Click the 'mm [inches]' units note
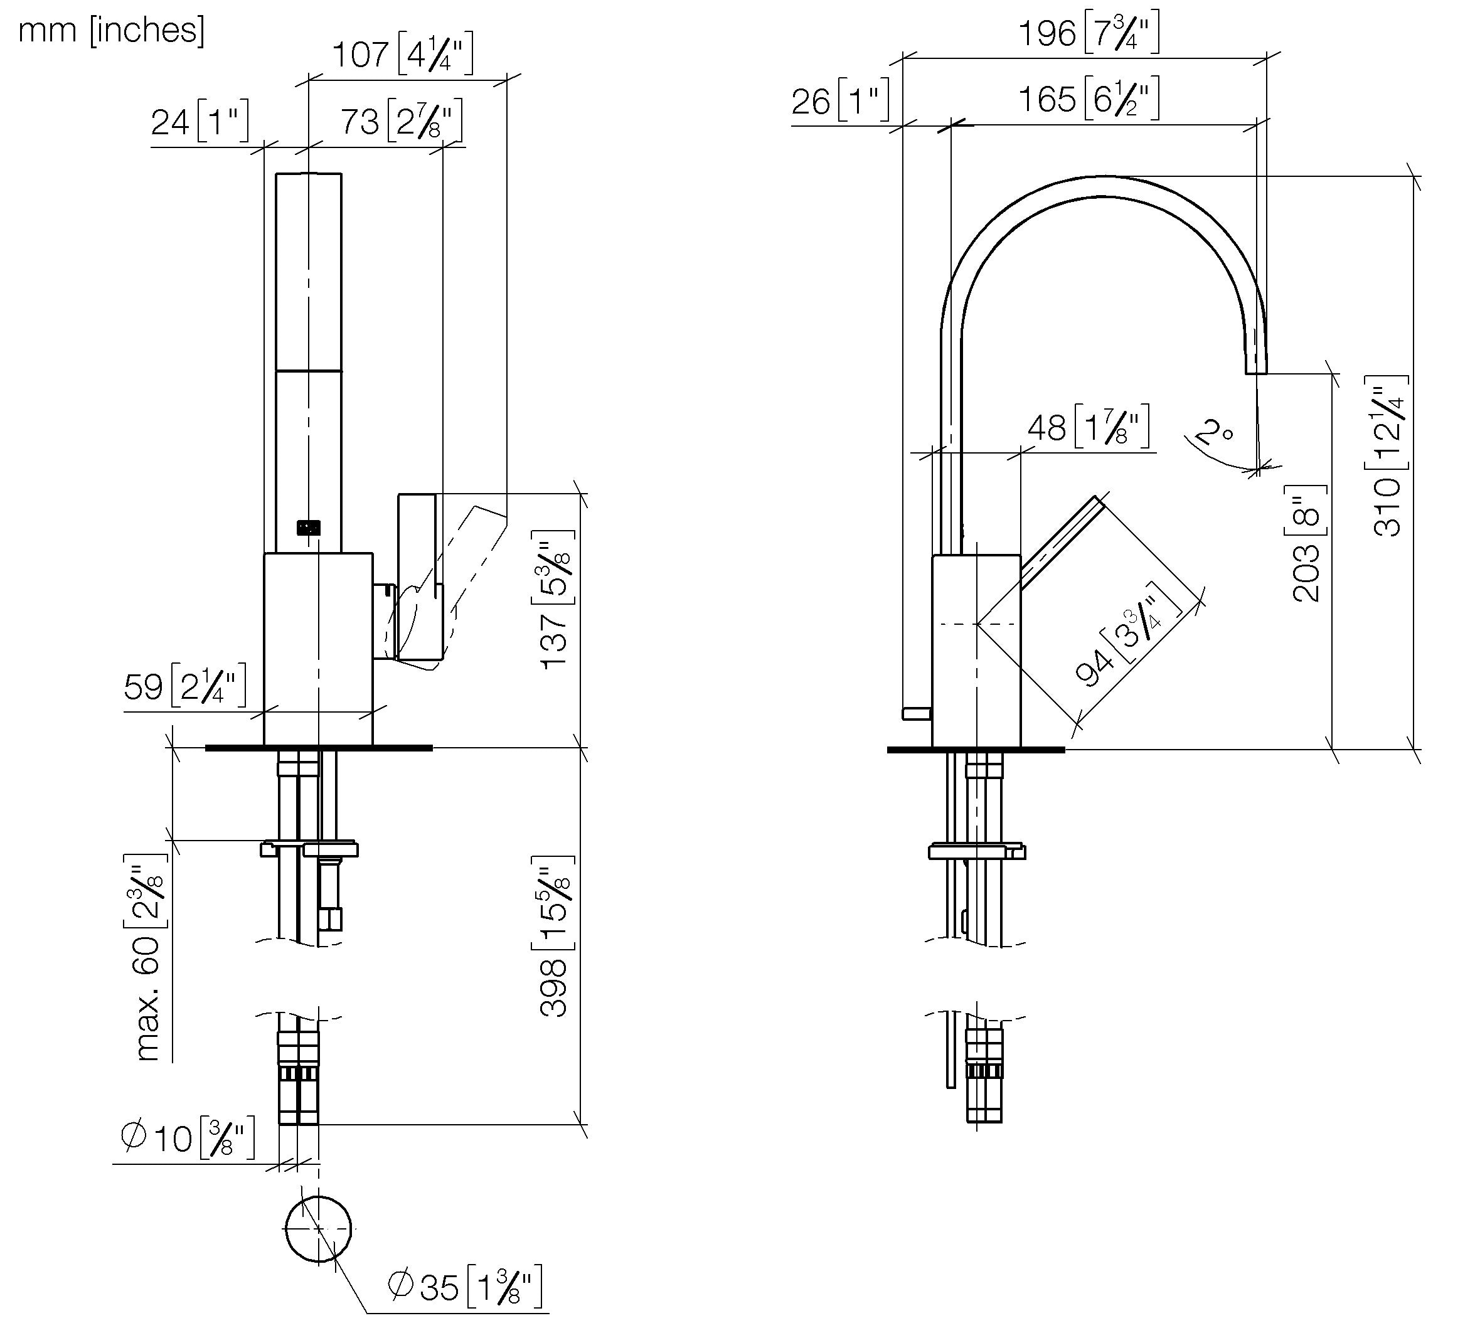coord(111,31)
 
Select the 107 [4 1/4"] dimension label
coord(403,55)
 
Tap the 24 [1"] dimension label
coord(200,121)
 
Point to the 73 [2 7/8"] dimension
coord(402,121)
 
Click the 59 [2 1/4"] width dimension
coord(184,686)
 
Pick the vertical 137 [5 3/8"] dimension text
coord(555,599)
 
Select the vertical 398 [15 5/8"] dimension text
coord(555,936)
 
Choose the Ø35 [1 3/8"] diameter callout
coord(465,1287)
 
